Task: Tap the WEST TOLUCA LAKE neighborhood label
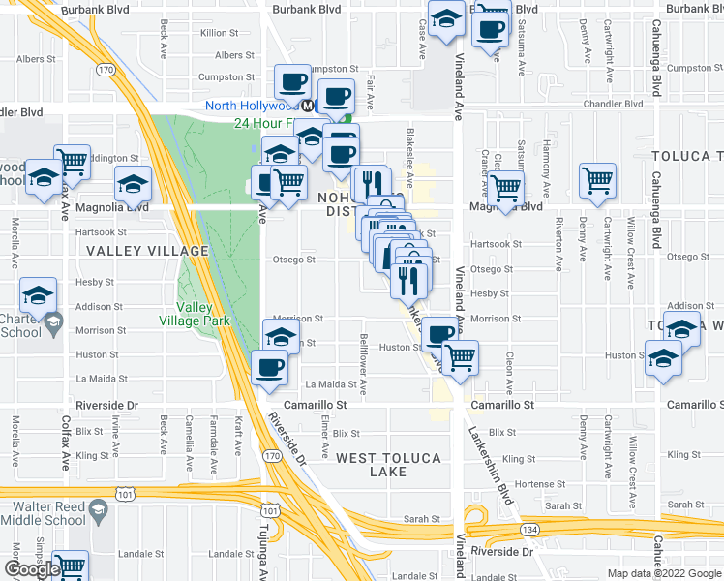(x=389, y=464)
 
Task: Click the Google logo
(x=31, y=569)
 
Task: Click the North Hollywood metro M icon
(x=307, y=106)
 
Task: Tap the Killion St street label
(x=219, y=33)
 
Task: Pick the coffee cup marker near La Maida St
(x=268, y=365)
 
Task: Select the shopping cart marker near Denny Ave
(x=597, y=178)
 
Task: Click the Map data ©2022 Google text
(x=664, y=573)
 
